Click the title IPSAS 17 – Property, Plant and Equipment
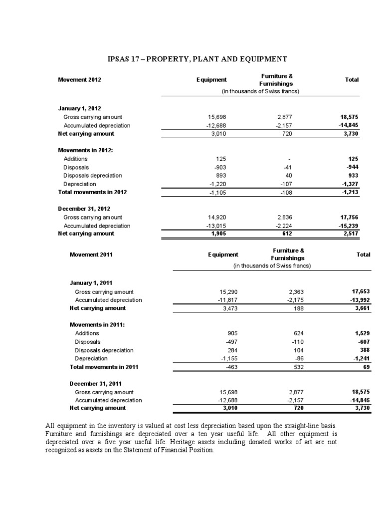(197, 59)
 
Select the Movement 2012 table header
(80, 80)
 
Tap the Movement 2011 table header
(91, 255)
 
